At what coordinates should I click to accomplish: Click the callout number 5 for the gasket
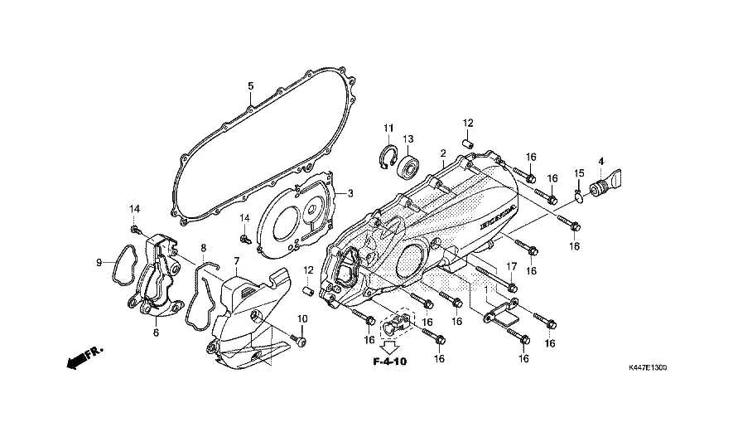(251, 86)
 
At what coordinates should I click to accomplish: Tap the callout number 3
(350, 193)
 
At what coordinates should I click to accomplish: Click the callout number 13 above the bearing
(408, 138)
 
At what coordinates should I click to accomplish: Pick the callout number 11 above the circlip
(387, 127)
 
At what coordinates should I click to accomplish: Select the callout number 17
(511, 267)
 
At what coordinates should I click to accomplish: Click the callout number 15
(580, 172)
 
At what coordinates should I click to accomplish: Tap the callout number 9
(99, 263)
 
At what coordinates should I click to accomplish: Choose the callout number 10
(302, 319)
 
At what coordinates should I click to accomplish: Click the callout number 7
(236, 261)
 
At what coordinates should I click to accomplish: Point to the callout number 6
(155, 333)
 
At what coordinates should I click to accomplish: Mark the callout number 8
(204, 247)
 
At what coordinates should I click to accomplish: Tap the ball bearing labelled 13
(408, 166)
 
